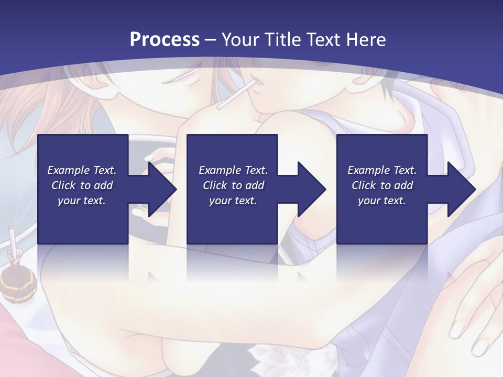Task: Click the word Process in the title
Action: click(165, 40)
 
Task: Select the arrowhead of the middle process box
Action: click(312, 189)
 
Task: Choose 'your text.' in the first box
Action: click(82, 201)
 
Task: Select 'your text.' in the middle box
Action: click(233, 201)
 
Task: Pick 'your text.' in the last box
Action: click(382, 201)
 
